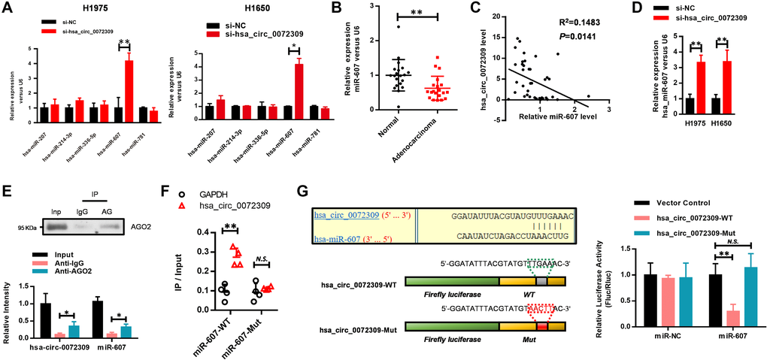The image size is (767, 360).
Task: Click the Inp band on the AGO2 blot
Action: (x=52, y=228)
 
